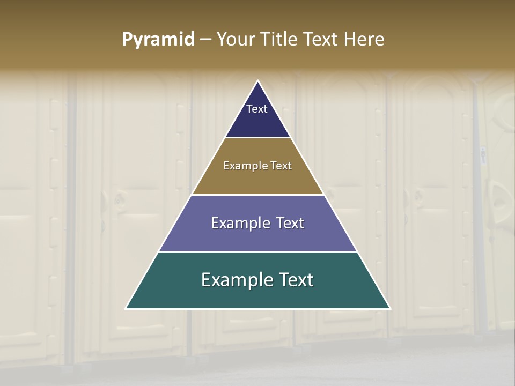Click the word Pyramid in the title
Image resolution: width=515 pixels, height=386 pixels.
[158, 40]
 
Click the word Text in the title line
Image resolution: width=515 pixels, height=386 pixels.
[320, 40]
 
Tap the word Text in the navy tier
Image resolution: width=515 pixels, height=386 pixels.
[257, 109]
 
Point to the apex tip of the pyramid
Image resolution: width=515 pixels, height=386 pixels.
[258, 81]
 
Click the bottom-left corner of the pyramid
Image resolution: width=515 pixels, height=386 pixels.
[126, 308]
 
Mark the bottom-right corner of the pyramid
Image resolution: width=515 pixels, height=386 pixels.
[390, 308]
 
